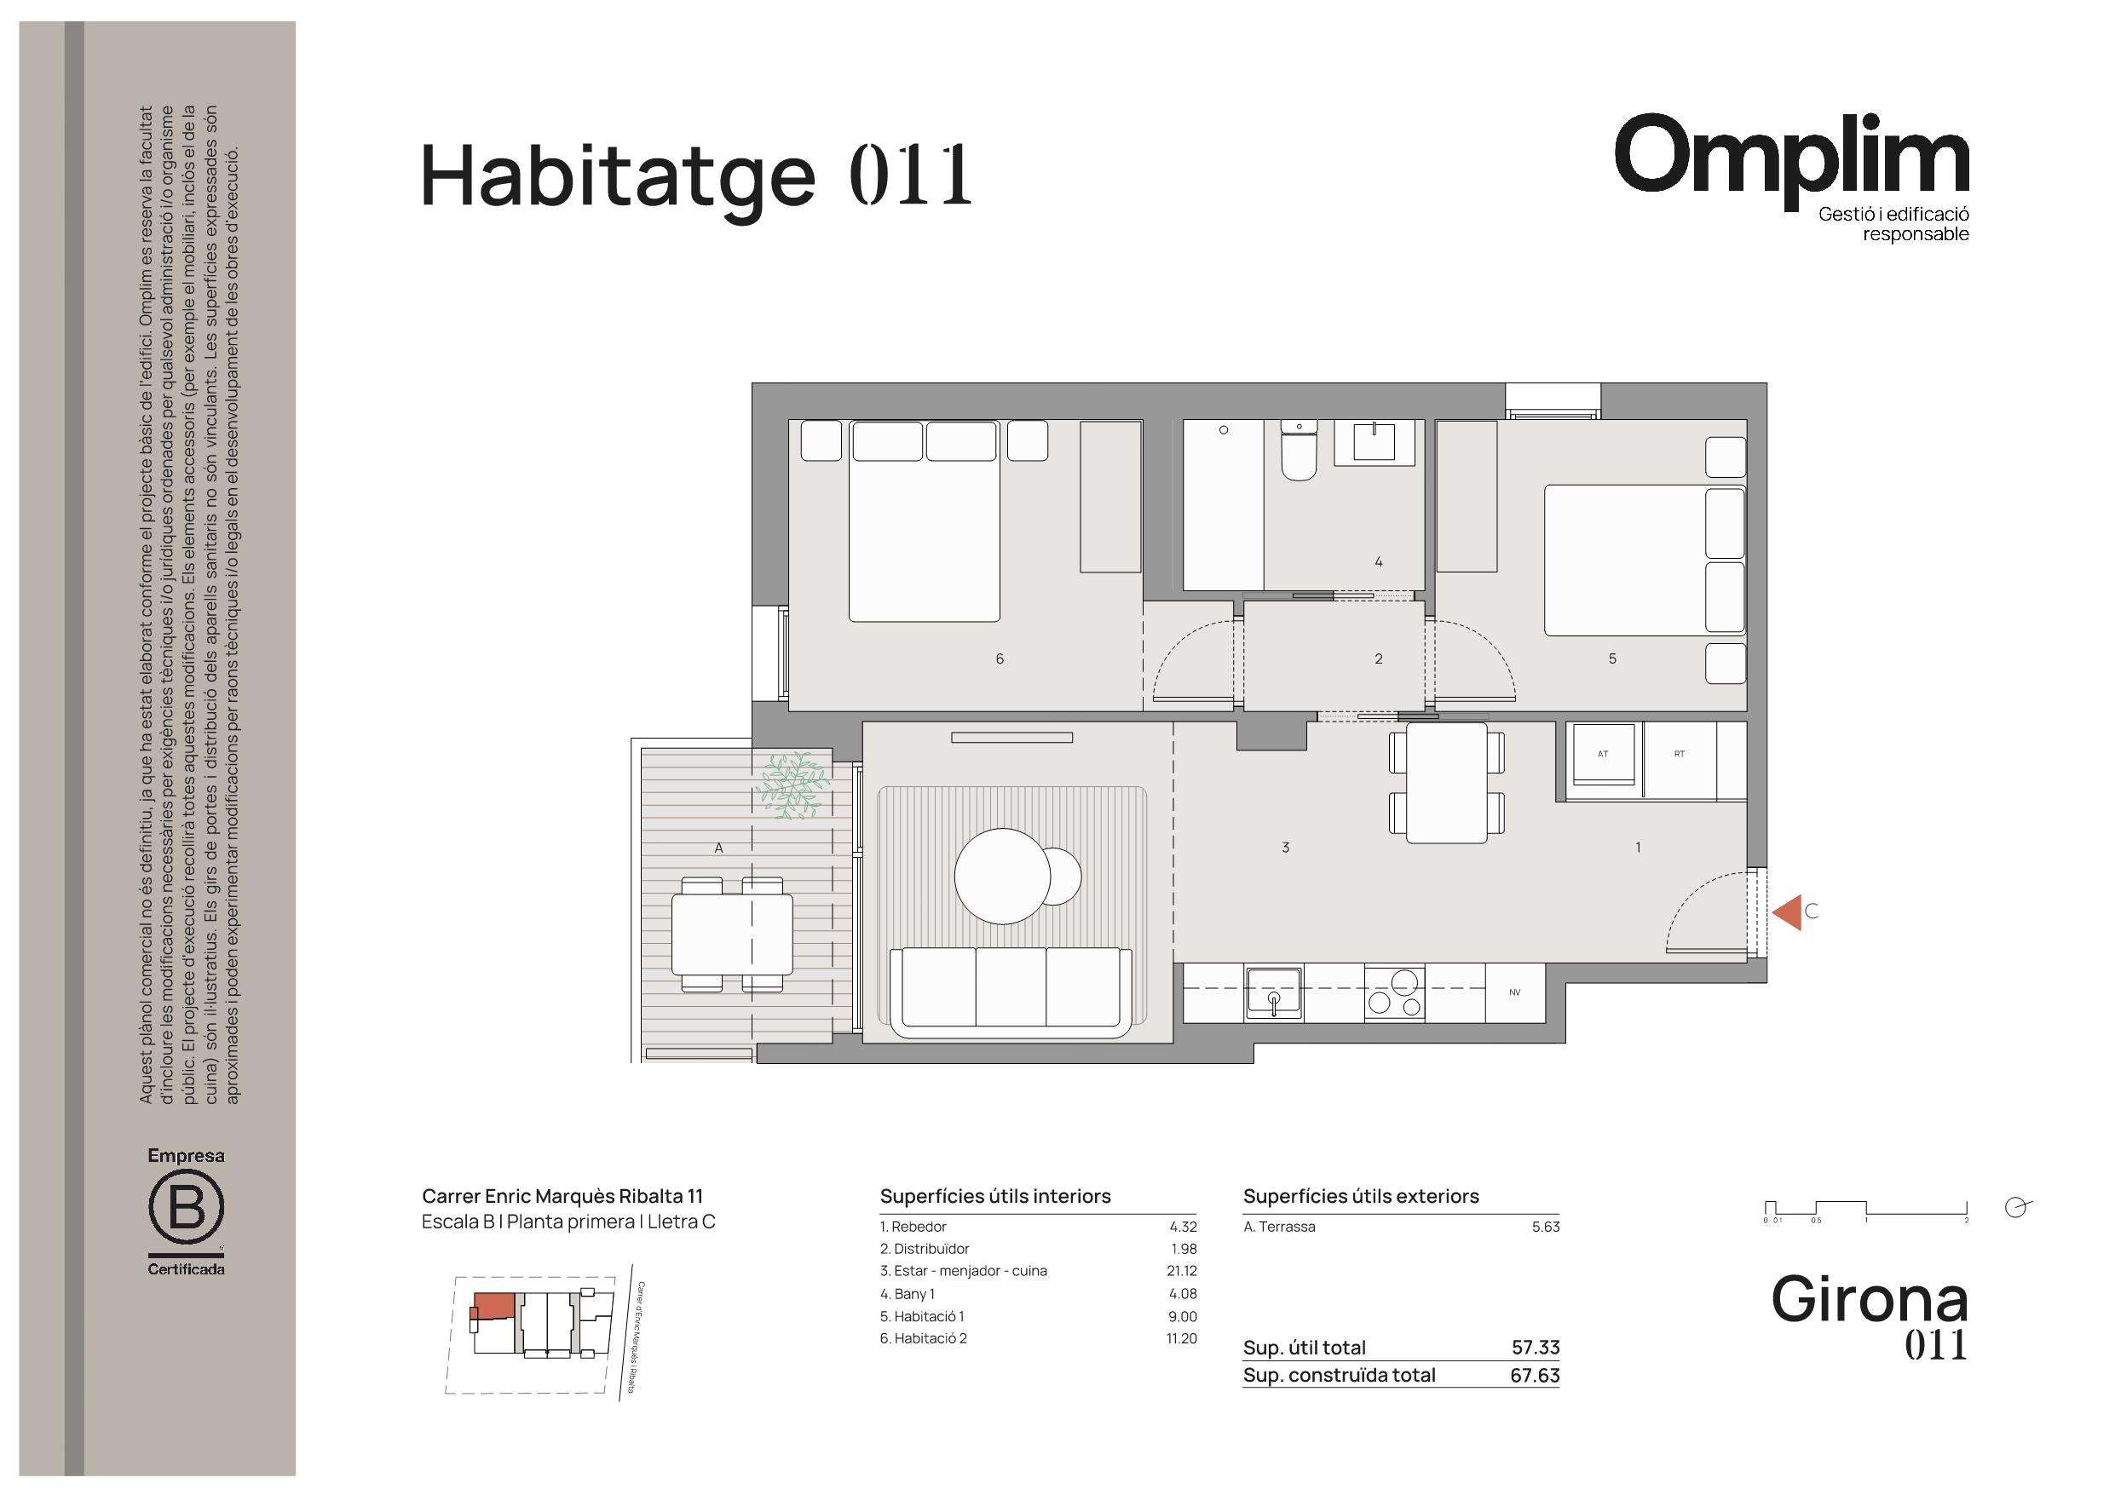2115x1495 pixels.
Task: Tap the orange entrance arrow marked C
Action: (1787, 912)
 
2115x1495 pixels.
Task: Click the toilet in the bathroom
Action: (1299, 451)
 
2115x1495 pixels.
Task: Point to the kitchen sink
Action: (1274, 992)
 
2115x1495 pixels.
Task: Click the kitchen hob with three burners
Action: (1395, 992)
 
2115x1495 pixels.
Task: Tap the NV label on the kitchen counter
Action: (1514, 992)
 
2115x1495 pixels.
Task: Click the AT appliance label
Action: (1603, 754)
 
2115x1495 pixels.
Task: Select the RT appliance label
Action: (1680, 754)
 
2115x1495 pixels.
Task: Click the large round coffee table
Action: (1002, 876)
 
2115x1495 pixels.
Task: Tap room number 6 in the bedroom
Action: (1000, 658)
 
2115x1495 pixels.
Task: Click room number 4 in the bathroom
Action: (1378, 561)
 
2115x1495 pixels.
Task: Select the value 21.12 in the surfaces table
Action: (1182, 1270)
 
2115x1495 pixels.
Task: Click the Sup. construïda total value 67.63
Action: (1535, 1375)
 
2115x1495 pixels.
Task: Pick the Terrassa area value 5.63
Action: (1546, 1226)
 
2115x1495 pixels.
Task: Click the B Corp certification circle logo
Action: (186, 1208)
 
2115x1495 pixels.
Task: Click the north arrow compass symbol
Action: (2016, 1208)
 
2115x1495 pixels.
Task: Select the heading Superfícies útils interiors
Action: (994, 1196)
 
